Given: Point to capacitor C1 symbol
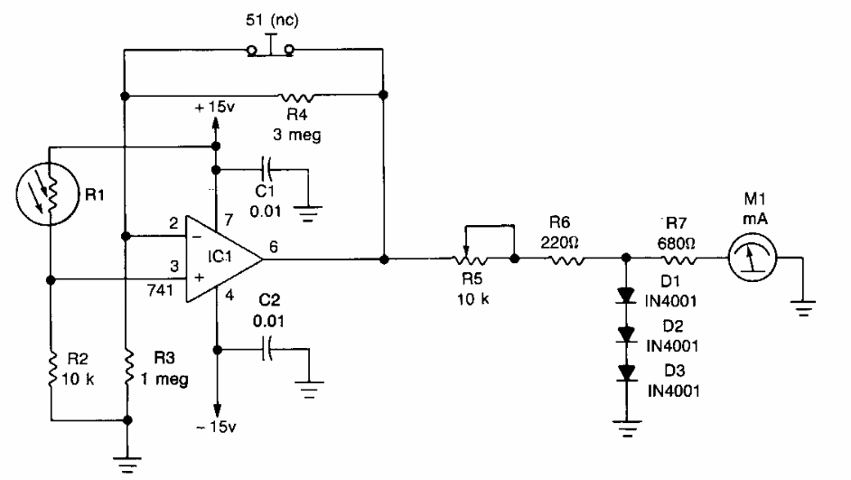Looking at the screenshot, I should coord(265,170).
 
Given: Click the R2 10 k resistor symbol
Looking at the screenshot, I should coord(51,369).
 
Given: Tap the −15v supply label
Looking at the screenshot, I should coord(218,426).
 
